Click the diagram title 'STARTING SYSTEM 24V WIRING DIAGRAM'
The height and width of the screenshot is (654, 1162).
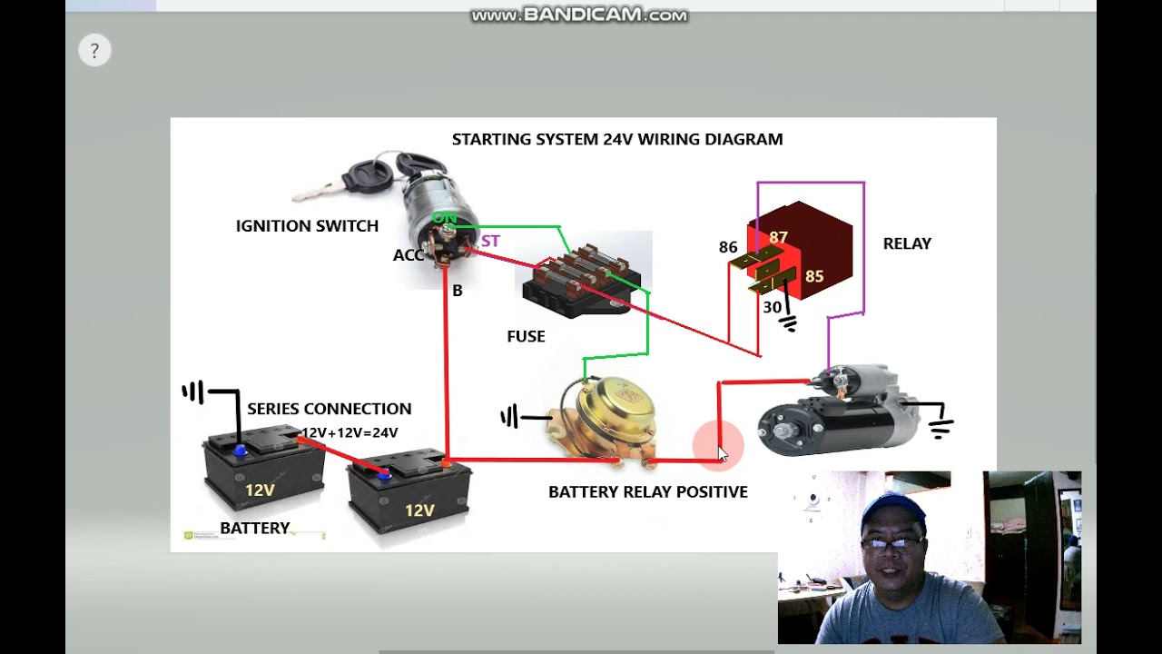(x=617, y=139)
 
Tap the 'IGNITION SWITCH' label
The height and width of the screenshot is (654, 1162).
(x=307, y=226)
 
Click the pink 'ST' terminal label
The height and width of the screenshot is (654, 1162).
(x=490, y=241)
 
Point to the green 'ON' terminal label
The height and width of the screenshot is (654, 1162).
(x=444, y=218)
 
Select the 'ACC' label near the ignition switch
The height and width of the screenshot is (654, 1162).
(x=409, y=255)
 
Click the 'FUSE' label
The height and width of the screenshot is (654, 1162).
(x=526, y=336)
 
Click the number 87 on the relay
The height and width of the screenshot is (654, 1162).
(x=778, y=238)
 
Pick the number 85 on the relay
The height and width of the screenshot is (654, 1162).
(x=814, y=276)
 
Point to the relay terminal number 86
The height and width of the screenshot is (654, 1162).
(x=728, y=247)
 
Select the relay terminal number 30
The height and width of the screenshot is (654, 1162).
(x=772, y=307)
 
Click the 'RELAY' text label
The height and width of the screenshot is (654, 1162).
(x=907, y=243)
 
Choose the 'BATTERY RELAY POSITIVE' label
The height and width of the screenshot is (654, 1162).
(x=647, y=491)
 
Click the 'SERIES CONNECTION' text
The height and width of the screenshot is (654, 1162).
(x=329, y=409)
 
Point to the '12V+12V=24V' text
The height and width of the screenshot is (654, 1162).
(x=350, y=432)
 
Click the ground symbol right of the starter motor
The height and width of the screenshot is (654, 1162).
(x=940, y=422)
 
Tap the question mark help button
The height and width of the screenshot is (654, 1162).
(x=94, y=51)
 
